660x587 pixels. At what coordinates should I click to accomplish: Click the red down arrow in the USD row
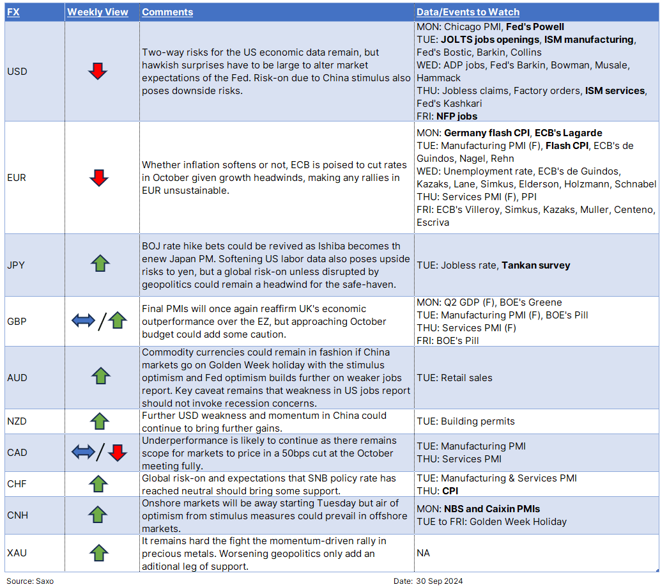click(x=98, y=72)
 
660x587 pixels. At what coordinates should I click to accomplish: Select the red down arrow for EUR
click(x=98, y=178)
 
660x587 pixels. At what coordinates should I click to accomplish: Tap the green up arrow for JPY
click(x=101, y=263)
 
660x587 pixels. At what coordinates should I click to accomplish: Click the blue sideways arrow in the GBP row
click(x=83, y=321)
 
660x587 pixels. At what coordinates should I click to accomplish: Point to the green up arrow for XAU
click(x=98, y=552)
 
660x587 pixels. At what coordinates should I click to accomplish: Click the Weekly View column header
click(x=98, y=12)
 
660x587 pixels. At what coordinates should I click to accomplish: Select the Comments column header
click(x=167, y=12)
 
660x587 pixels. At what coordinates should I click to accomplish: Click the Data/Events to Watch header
click(x=468, y=12)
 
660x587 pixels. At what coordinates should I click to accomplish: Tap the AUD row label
click(x=17, y=378)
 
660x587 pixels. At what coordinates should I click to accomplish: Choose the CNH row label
click(x=17, y=515)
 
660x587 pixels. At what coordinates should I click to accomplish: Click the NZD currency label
click(x=17, y=421)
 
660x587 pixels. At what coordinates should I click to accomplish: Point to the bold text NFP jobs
click(x=457, y=116)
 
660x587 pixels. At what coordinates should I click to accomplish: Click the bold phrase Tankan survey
click(x=535, y=265)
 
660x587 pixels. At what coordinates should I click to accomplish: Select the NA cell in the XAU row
click(x=423, y=552)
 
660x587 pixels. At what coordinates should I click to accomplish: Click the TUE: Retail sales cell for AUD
click(x=454, y=378)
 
